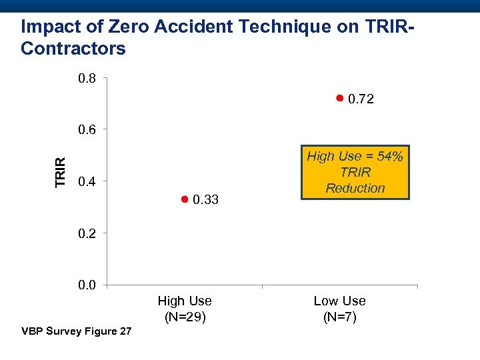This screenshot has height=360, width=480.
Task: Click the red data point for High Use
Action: [x=185, y=199]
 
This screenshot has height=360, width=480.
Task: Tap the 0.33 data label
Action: [x=205, y=200]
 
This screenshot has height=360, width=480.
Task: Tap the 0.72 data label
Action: [x=361, y=99]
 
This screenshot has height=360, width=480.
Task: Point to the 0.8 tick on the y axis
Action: [x=87, y=79]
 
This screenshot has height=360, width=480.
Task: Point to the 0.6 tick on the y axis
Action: [x=87, y=130]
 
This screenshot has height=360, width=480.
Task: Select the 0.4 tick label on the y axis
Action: [x=87, y=182]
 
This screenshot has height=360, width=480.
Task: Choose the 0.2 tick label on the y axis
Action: [x=87, y=233]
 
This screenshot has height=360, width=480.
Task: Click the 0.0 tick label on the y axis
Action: [x=87, y=285]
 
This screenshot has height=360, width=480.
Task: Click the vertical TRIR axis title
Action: [x=61, y=172]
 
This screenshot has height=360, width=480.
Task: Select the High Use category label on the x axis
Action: [x=185, y=301]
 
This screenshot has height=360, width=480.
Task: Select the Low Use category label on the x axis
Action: [x=339, y=301]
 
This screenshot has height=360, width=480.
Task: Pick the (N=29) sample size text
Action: [x=185, y=317]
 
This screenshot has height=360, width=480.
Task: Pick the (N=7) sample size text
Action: [x=339, y=317]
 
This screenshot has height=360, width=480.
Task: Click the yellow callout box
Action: [x=355, y=172]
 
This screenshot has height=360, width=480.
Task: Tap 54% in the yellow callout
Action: [x=389, y=157]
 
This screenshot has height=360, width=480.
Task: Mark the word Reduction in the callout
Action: [x=355, y=188]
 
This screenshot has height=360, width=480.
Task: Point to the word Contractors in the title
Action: [x=73, y=49]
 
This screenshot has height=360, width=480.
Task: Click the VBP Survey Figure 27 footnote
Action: [x=77, y=331]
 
